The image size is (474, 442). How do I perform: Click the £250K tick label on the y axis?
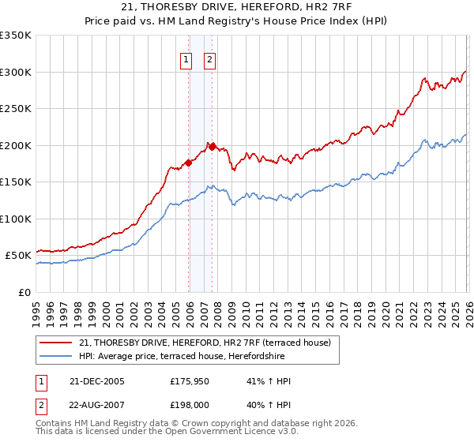click(x=16, y=108)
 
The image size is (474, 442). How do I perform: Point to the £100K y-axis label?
click(x=16, y=219)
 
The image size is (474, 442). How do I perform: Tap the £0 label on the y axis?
click(x=24, y=292)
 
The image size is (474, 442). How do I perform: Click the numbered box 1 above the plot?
click(x=186, y=58)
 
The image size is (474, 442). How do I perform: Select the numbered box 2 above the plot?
click(x=210, y=58)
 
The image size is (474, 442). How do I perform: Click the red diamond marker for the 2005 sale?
click(x=189, y=163)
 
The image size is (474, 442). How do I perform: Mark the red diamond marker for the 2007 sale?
click(x=212, y=146)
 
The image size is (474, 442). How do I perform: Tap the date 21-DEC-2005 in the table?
click(x=96, y=381)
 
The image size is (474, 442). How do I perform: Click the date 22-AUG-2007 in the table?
click(x=96, y=404)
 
